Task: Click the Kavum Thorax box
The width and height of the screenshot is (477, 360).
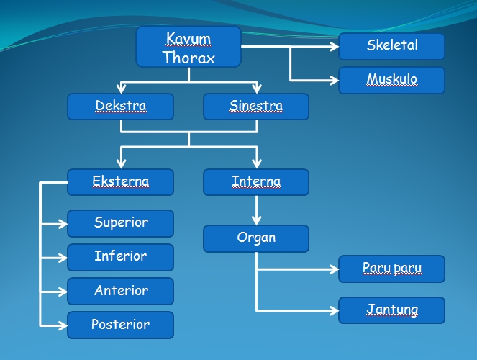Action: point(188,48)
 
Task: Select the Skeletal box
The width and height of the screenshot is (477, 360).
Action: point(391,46)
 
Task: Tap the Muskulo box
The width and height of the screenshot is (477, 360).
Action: point(391,80)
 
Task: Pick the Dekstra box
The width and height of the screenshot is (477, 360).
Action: point(120,107)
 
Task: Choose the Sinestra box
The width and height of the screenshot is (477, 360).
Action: point(256,107)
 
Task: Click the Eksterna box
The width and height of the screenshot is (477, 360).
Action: point(120,182)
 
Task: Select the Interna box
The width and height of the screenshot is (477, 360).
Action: point(256,182)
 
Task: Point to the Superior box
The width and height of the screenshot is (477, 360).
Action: point(120,223)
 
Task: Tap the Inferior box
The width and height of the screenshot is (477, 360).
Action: point(120,257)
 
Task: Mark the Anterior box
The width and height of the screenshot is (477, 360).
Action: point(120,291)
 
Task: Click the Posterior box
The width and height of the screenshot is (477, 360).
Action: point(120,325)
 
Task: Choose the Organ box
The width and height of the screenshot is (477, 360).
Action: point(256,238)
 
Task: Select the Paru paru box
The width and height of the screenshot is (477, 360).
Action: point(391,269)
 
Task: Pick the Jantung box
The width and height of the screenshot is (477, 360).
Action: point(391,311)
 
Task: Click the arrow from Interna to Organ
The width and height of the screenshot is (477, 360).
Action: point(256,210)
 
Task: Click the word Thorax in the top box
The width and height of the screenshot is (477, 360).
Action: point(188,58)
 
